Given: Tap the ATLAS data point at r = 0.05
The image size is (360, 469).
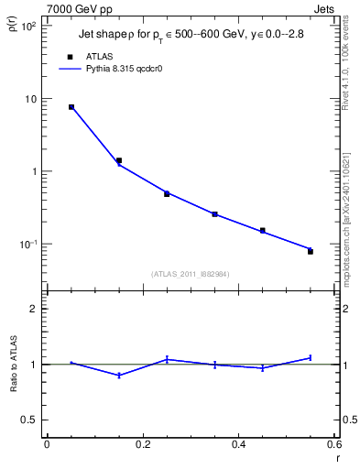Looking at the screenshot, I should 71,107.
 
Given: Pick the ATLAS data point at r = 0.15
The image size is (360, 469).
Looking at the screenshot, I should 119,160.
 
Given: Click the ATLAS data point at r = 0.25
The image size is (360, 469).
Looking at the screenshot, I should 167,193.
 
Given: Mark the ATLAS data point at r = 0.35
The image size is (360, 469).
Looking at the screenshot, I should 215,214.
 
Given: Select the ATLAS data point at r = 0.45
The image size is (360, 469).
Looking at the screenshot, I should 263,230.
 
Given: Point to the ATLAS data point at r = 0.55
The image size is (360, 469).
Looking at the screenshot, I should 311,251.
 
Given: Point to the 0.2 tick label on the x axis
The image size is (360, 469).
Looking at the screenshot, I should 143,443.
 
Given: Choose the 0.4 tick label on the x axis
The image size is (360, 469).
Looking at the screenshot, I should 239,443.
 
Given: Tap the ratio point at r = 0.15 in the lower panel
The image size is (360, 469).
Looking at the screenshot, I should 119,376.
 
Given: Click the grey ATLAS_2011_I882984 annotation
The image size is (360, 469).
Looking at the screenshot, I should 191,274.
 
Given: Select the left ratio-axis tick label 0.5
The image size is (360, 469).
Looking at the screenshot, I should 29,420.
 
